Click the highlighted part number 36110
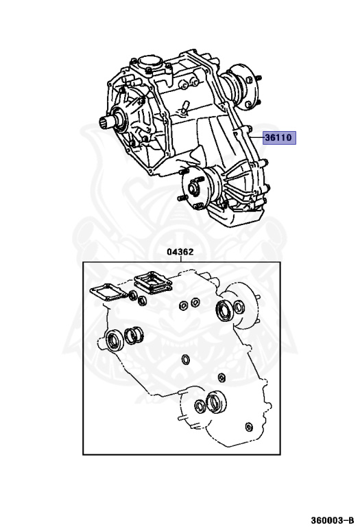click(x=278, y=137)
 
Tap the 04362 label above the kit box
click(x=180, y=252)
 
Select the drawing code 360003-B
click(x=332, y=520)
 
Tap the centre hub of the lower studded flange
click(x=193, y=189)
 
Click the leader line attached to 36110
click(x=257, y=137)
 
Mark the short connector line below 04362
click(x=180, y=259)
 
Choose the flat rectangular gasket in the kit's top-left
click(x=107, y=291)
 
